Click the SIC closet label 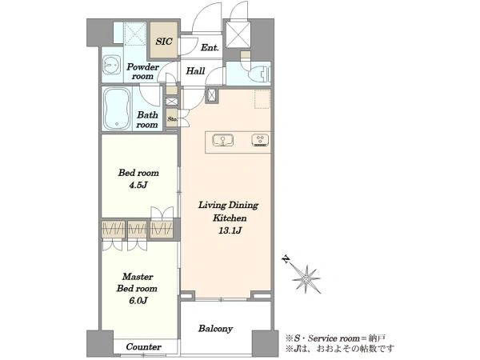click(x=164, y=42)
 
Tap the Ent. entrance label click(x=210, y=48)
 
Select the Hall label click(x=195, y=71)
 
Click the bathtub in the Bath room click(x=116, y=109)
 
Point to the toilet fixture click(x=256, y=71)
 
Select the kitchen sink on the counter click(x=223, y=140)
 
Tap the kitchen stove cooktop click(x=261, y=140)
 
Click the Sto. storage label click(x=172, y=119)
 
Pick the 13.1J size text click(x=230, y=230)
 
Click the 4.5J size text click(x=138, y=185)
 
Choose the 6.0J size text click(x=138, y=301)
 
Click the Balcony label click(x=215, y=329)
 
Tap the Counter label click(x=143, y=347)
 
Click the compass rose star click(x=306, y=279)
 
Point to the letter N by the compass click(x=286, y=260)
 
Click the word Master click(x=138, y=277)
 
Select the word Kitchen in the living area click(x=230, y=218)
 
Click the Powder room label click(x=143, y=71)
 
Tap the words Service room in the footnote click(x=334, y=338)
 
